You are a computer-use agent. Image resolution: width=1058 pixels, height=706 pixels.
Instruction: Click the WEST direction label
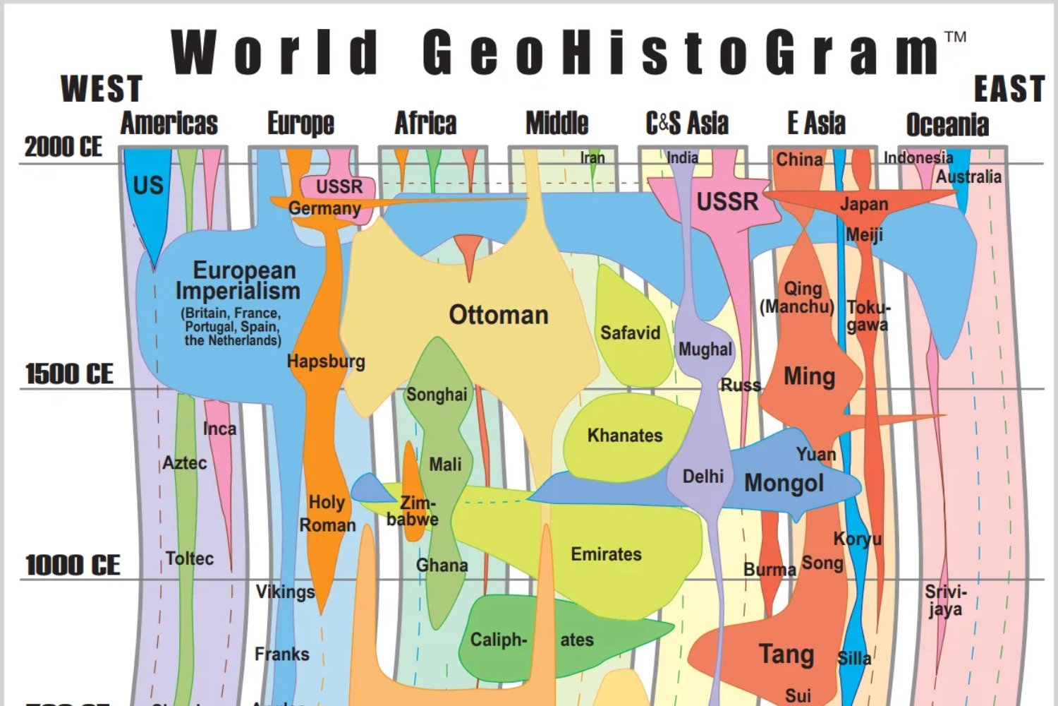coord(102,89)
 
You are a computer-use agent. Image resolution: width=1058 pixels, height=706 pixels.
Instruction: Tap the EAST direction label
coord(1009,90)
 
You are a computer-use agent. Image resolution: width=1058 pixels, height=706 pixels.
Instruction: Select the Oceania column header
coord(947,124)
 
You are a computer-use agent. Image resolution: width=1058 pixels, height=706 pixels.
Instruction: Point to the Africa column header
coord(425,123)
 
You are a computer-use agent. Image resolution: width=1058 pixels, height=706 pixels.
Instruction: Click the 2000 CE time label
coord(63,147)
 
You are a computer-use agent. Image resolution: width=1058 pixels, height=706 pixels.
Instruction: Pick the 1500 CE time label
coord(69,373)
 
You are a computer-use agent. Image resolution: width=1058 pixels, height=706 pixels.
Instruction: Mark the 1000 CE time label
coord(73,565)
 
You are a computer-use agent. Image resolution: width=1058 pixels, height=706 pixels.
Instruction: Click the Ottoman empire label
coord(499,315)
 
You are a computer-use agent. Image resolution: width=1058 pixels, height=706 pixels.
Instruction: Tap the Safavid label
coord(630,333)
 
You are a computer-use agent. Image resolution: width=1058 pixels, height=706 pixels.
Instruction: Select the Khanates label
coord(625,435)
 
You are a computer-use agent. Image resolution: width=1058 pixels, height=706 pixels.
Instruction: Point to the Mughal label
coord(705,349)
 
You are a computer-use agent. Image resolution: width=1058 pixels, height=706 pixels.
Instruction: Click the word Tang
coord(786,654)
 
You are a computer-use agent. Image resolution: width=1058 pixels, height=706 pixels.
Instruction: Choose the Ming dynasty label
coord(809,376)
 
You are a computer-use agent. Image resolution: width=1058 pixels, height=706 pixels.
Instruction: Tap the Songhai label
coord(437,395)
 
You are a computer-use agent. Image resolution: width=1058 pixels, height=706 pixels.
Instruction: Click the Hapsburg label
coord(326,361)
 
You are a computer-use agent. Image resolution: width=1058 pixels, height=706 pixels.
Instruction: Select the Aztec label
coord(185,463)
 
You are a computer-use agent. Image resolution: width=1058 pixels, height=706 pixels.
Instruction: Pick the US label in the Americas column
coord(148,186)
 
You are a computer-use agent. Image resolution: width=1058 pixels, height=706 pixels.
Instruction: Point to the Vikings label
coord(285,592)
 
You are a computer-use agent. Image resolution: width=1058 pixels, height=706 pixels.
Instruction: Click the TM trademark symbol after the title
coord(955,37)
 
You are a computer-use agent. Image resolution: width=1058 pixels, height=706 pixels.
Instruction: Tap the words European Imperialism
coord(238,280)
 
